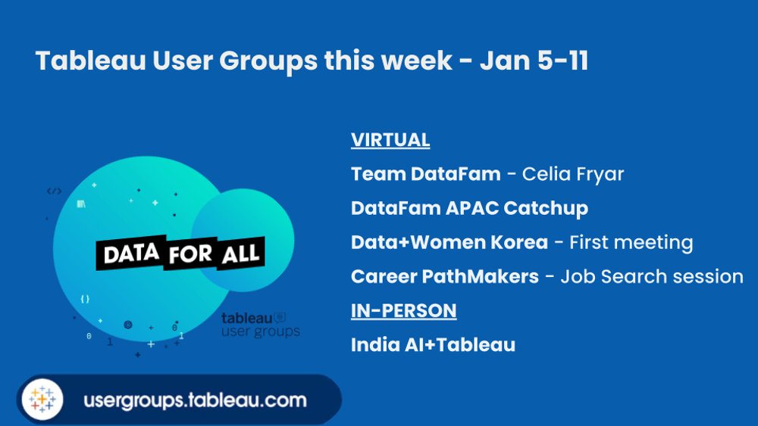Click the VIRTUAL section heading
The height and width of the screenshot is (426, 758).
390,140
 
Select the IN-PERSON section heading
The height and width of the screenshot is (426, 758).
403,310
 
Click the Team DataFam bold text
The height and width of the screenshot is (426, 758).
425,174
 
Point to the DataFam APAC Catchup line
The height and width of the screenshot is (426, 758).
469,208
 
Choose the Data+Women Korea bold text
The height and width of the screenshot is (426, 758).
449,242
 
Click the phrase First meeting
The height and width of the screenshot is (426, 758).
631,242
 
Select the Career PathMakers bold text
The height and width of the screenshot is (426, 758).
444,276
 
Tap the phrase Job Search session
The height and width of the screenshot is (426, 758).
652,276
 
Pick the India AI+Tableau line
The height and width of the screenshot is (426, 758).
433,345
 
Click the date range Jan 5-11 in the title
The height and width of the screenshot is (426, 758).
534,61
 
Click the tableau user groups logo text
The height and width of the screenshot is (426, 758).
259,325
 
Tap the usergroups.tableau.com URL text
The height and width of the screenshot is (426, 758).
195,399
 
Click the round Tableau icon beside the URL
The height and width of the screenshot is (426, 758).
42,399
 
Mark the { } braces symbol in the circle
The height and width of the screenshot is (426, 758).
85,299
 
